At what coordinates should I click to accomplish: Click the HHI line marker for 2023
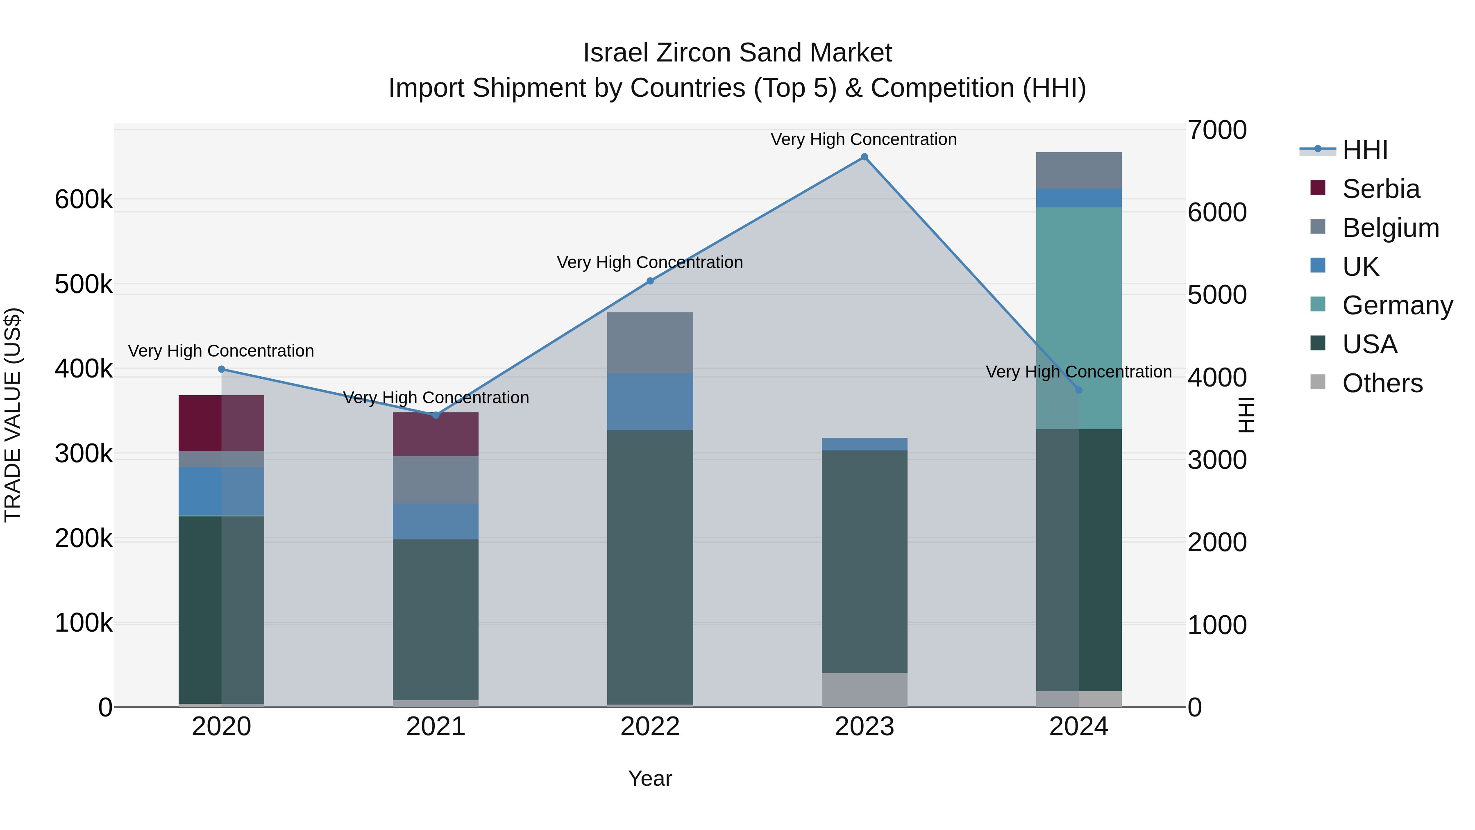click(x=864, y=157)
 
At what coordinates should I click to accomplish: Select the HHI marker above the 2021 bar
click(x=436, y=415)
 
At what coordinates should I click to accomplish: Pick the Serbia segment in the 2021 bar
click(x=436, y=434)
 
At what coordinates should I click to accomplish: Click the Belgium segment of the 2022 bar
click(x=650, y=343)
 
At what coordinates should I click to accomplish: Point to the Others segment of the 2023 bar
click(x=864, y=690)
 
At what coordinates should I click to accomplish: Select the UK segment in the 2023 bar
click(x=864, y=444)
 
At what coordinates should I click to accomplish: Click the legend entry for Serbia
click(x=1380, y=189)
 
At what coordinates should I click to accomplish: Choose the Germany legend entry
click(x=1397, y=305)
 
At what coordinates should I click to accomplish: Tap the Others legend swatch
click(x=1318, y=382)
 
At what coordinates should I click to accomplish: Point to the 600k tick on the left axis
click(x=84, y=200)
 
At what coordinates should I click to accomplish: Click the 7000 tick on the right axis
click(x=1217, y=130)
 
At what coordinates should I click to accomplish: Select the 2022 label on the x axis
click(x=650, y=727)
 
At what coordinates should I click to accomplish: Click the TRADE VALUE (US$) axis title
click(x=13, y=415)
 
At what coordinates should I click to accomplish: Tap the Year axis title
click(x=650, y=778)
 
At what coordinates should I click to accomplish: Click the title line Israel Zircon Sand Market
click(x=737, y=53)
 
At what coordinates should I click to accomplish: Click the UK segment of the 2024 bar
click(x=1079, y=198)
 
